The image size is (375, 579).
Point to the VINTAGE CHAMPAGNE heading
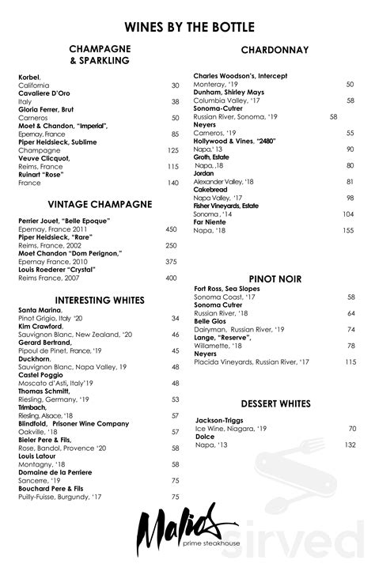(x=99, y=204)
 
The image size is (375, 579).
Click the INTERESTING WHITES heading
(x=99, y=300)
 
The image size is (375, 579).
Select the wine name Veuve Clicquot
(x=44, y=158)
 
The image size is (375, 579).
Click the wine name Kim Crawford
(x=40, y=326)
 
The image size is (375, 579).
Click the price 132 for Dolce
(x=349, y=445)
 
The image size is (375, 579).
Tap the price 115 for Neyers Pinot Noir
(x=349, y=361)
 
